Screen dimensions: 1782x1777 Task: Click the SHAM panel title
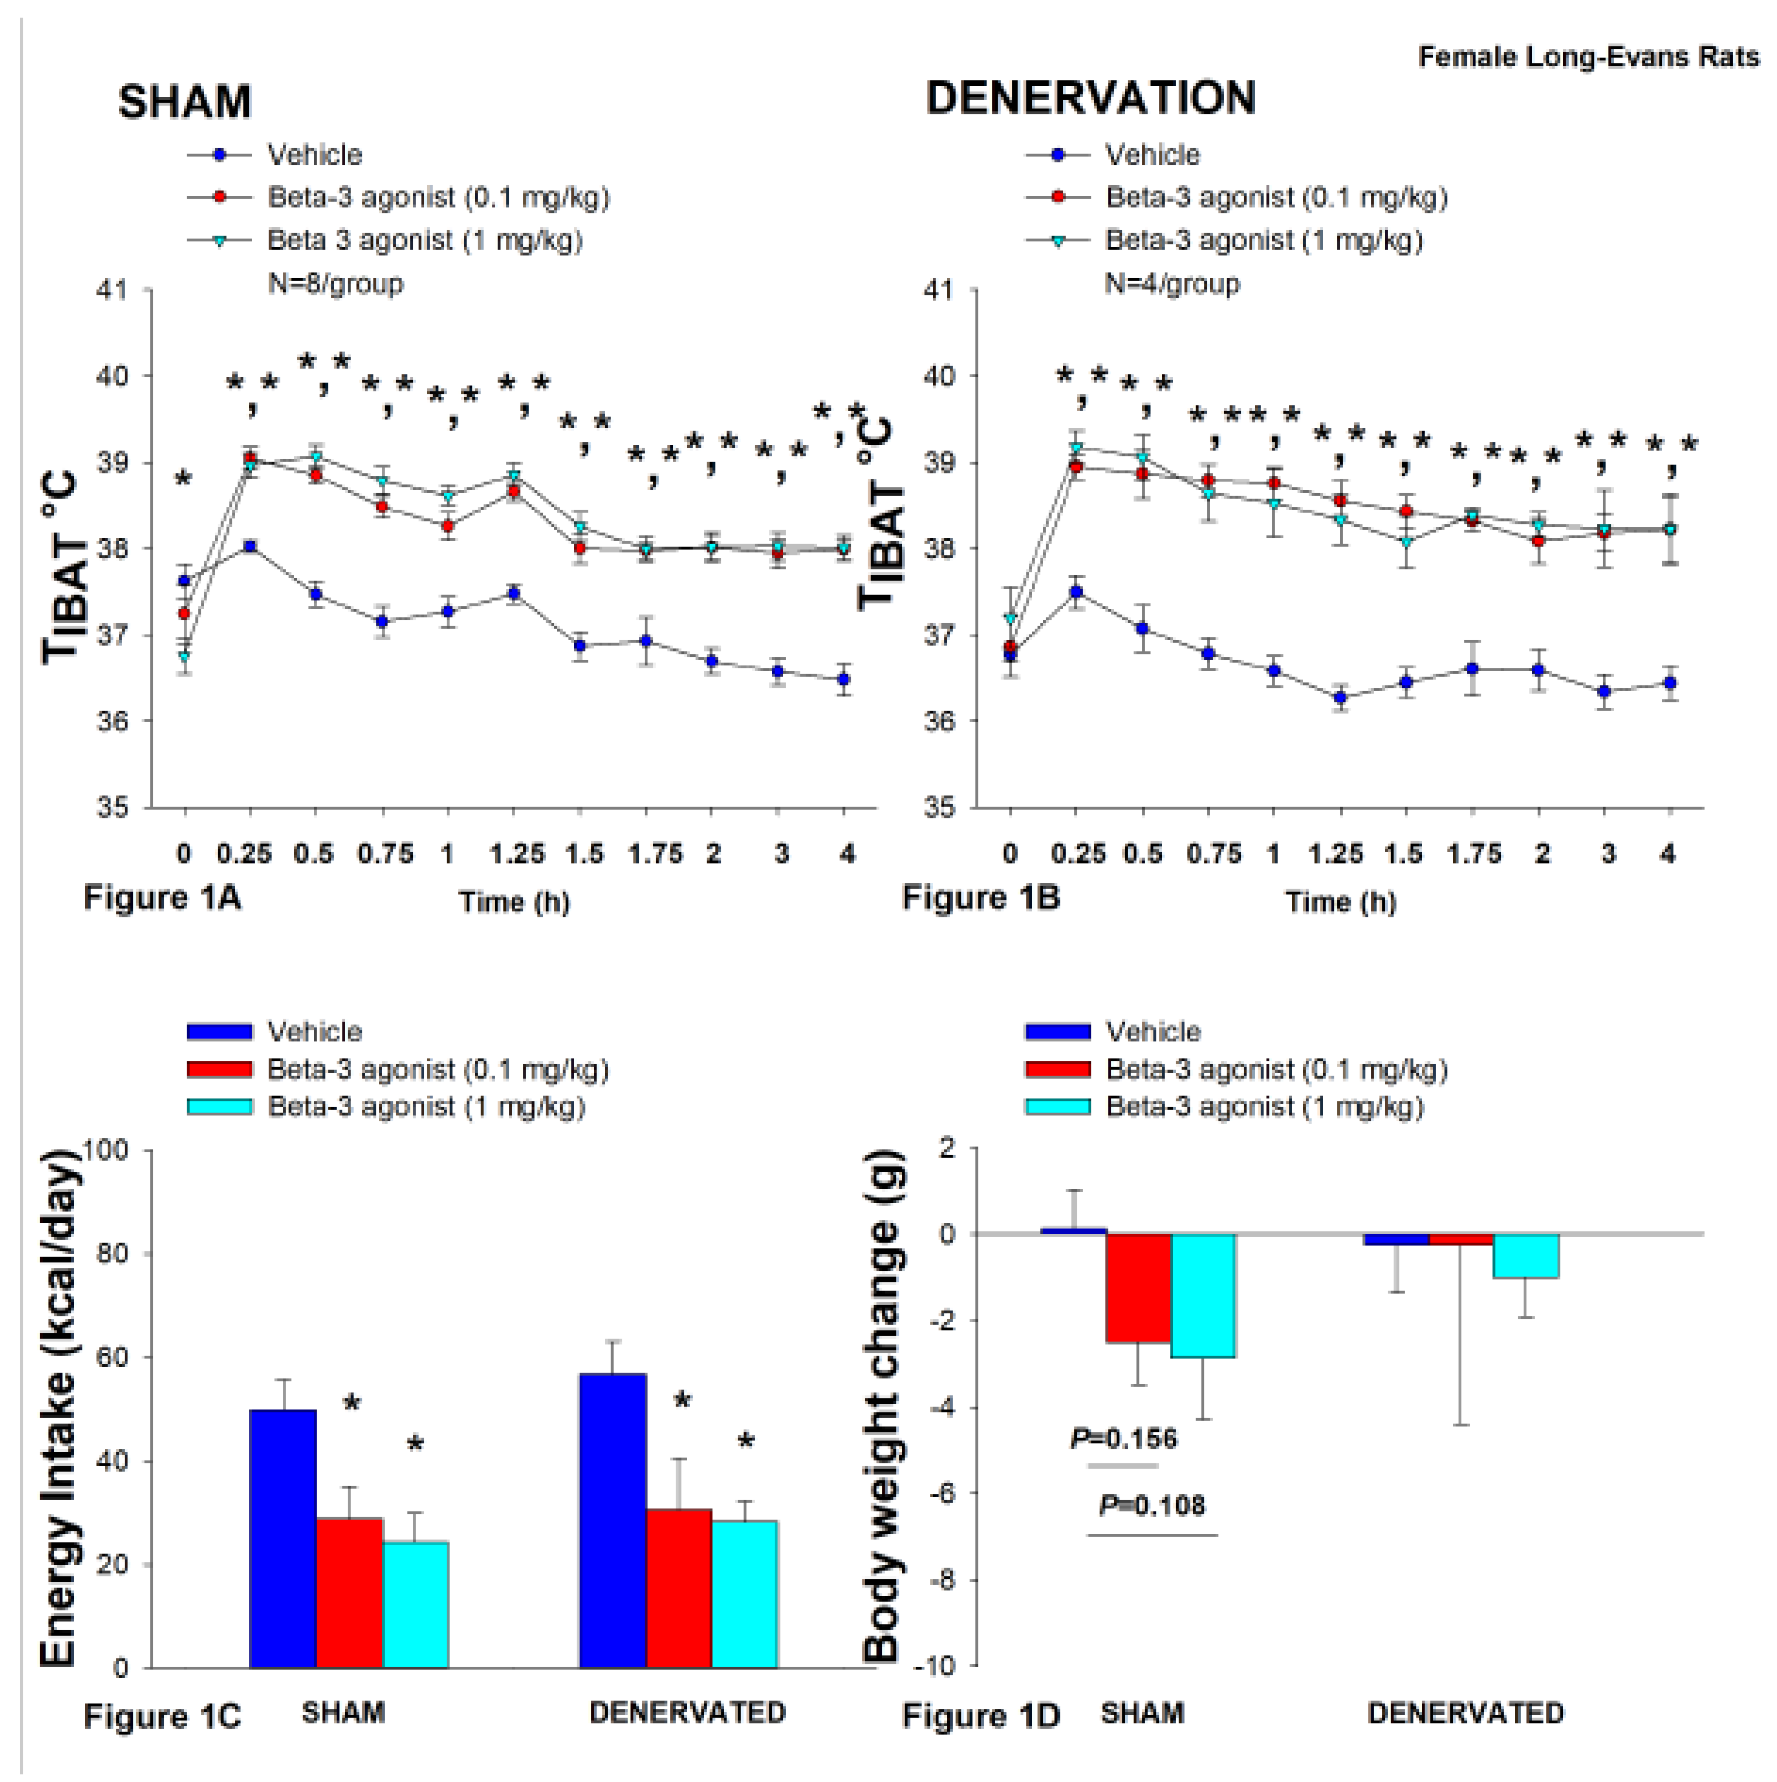tap(184, 101)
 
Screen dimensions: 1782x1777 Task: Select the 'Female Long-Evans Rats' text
tap(1588, 57)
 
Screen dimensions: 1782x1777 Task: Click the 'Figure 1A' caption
tap(162, 897)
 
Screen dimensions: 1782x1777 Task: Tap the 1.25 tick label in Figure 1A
tap(517, 854)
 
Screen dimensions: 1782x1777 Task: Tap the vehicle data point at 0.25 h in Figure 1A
tap(250, 546)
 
